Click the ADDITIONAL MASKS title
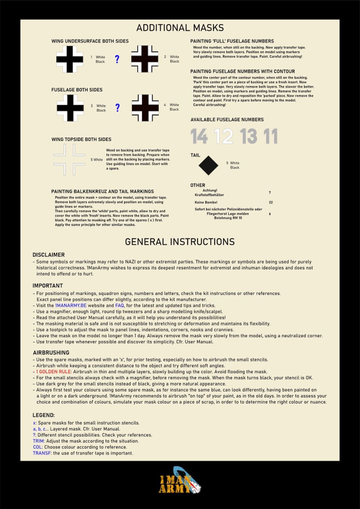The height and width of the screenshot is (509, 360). [180, 28]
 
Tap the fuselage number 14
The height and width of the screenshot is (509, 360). [199, 136]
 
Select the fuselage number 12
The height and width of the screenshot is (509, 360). [224, 136]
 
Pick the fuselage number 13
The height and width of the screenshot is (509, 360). [249, 136]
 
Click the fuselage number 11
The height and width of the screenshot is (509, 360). [270, 136]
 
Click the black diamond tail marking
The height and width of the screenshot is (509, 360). [208, 165]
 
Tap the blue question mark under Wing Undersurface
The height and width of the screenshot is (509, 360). [117, 60]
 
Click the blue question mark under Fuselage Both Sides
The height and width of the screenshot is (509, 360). [117, 108]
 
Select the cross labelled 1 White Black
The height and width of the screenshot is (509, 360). [70, 59]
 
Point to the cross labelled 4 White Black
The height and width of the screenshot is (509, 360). [145, 108]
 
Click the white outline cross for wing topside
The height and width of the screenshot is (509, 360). [69, 160]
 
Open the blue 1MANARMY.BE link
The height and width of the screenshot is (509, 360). [71, 305]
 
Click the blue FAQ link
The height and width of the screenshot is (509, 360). [119, 305]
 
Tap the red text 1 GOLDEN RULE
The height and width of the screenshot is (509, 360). [53, 372]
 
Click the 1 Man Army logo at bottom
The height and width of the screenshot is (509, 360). [180, 480]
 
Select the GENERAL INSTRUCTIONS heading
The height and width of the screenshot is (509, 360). [180, 242]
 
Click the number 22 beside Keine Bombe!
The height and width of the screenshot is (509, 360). [271, 202]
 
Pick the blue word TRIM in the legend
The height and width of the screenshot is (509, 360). [38, 441]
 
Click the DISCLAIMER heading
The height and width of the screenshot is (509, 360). [49, 254]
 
